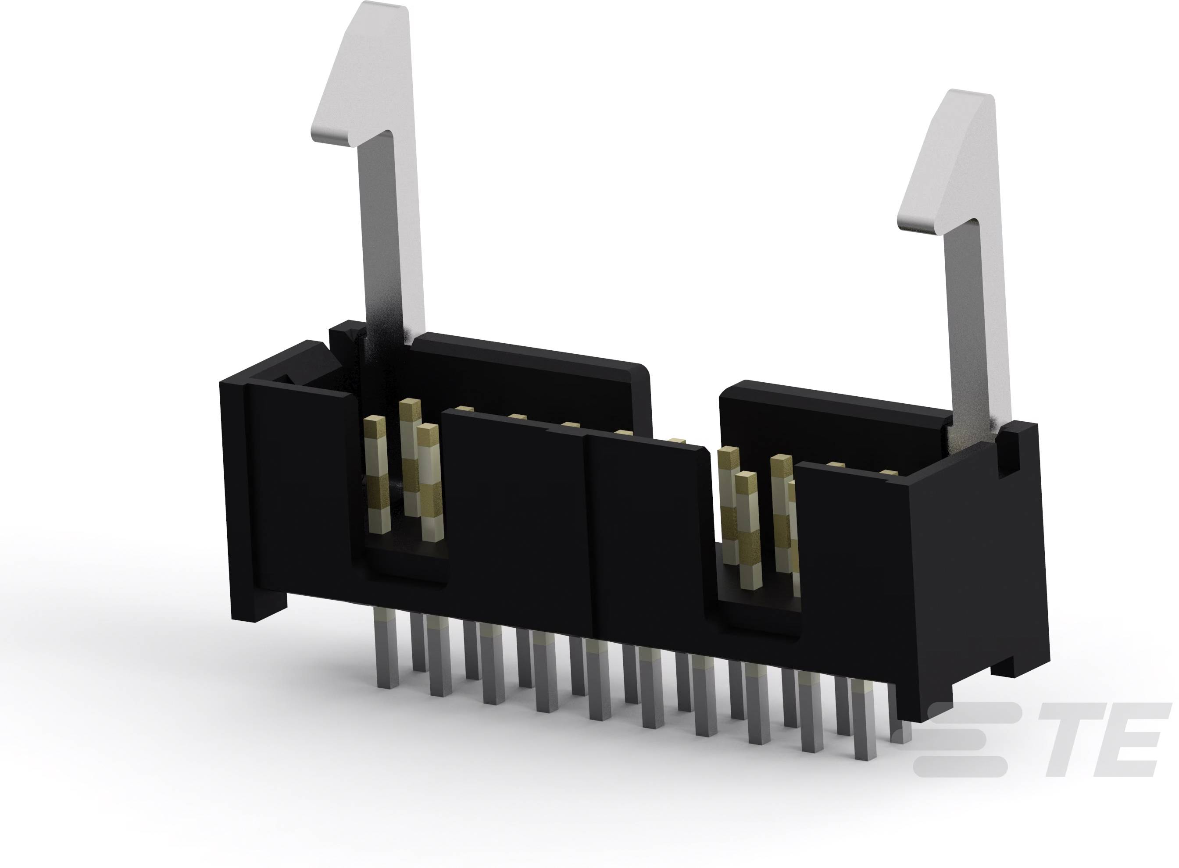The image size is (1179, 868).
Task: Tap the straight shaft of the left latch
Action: (392, 236)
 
